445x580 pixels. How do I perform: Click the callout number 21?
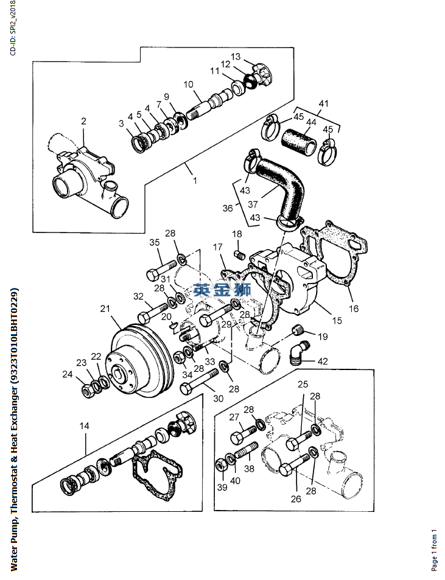click(105, 308)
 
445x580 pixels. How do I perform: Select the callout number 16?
click(354, 308)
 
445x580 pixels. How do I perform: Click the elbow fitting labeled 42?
click(299, 352)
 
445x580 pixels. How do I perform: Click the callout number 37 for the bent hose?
click(253, 204)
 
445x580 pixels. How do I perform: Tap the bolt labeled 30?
click(200, 381)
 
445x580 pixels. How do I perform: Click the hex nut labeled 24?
click(88, 390)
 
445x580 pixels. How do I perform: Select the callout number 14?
click(85, 426)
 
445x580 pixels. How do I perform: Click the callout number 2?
click(83, 121)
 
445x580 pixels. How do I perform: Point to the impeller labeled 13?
click(262, 76)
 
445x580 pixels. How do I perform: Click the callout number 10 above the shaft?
click(188, 85)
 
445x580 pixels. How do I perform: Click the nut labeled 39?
click(221, 464)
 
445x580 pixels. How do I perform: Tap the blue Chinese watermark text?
click(222, 289)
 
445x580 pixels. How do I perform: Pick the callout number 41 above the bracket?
click(324, 103)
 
